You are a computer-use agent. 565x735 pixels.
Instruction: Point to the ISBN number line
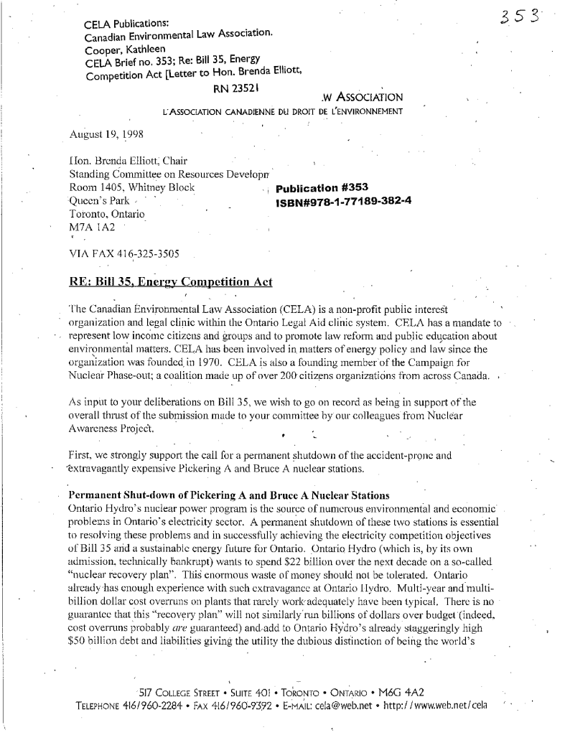[343, 201]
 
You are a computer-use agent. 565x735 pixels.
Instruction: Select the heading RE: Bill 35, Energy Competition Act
[171, 281]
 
